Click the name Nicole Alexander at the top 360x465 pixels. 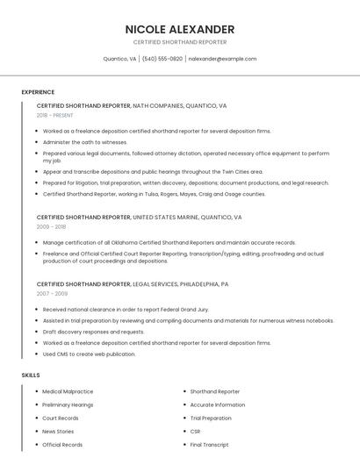[x=180, y=29]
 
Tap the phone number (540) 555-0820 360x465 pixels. [x=162, y=59]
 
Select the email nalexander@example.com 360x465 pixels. [x=223, y=59]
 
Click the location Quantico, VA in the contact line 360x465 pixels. [x=119, y=59]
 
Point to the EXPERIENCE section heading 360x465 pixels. [x=38, y=92]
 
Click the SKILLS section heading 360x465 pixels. [x=31, y=375]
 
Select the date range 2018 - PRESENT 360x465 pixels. [x=55, y=115]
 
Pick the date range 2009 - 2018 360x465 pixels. [x=51, y=226]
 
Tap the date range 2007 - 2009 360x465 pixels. [x=51, y=294]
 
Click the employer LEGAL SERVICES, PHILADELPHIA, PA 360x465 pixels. [x=181, y=284]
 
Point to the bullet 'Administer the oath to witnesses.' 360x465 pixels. [x=85, y=141]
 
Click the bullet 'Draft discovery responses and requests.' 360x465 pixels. [x=93, y=332]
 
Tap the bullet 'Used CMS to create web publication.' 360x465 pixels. [x=89, y=354]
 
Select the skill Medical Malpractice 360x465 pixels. [x=68, y=391]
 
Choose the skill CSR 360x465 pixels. [x=195, y=432]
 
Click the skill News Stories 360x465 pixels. [x=58, y=432]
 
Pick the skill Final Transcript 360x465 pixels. [x=209, y=445]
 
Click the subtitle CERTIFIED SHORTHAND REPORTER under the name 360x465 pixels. [x=180, y=42]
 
